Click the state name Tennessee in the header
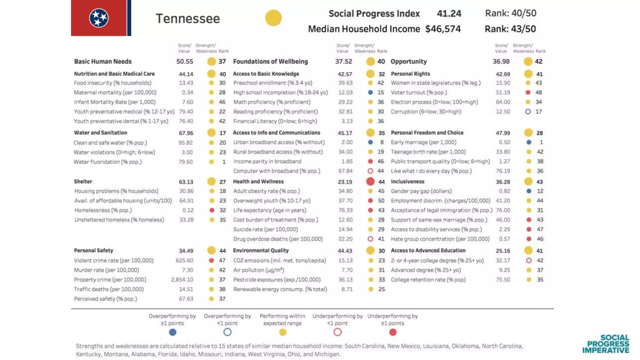pyautogui.click(x=188, y=18)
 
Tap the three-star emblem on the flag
pyautogui.click(x=99, y=18)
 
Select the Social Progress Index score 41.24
pyautogui.click(x=449, y=13)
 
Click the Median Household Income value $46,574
pyautogui.click(x=443, y=29)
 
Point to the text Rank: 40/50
pyautogui.click(x=511, y=13)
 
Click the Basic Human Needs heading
pyautogui.click(x=103, y=62)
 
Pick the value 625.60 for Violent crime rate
pyautogui.click(x=184, y=260)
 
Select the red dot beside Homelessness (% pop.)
pyautogui.click(x=212, y=210)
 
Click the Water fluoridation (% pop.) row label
pyautogui.click(x=107, y=162)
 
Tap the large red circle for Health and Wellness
pyautogui.click(x=370, y=182)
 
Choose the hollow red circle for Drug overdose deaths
pyautogui.click(x=370, y=239)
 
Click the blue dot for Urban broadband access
pyautogui.click(x=370, y=142)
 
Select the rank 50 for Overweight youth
pyautogui.click(x=381, y=201)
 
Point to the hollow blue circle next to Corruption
pyautogui.click(x=528, y=112)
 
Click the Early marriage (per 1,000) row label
pyautogui.click(x=423, y=142)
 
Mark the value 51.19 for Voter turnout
pyautogui.click(x=503, y=92)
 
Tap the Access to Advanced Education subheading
pyautogui.click(x=428, y=250)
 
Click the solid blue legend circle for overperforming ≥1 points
pyautogui.click(x=172, y=332)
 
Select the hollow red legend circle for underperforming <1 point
pyautogui.click(x=337, y=332)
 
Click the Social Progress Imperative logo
pyautogui.click(x=606, y=344)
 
